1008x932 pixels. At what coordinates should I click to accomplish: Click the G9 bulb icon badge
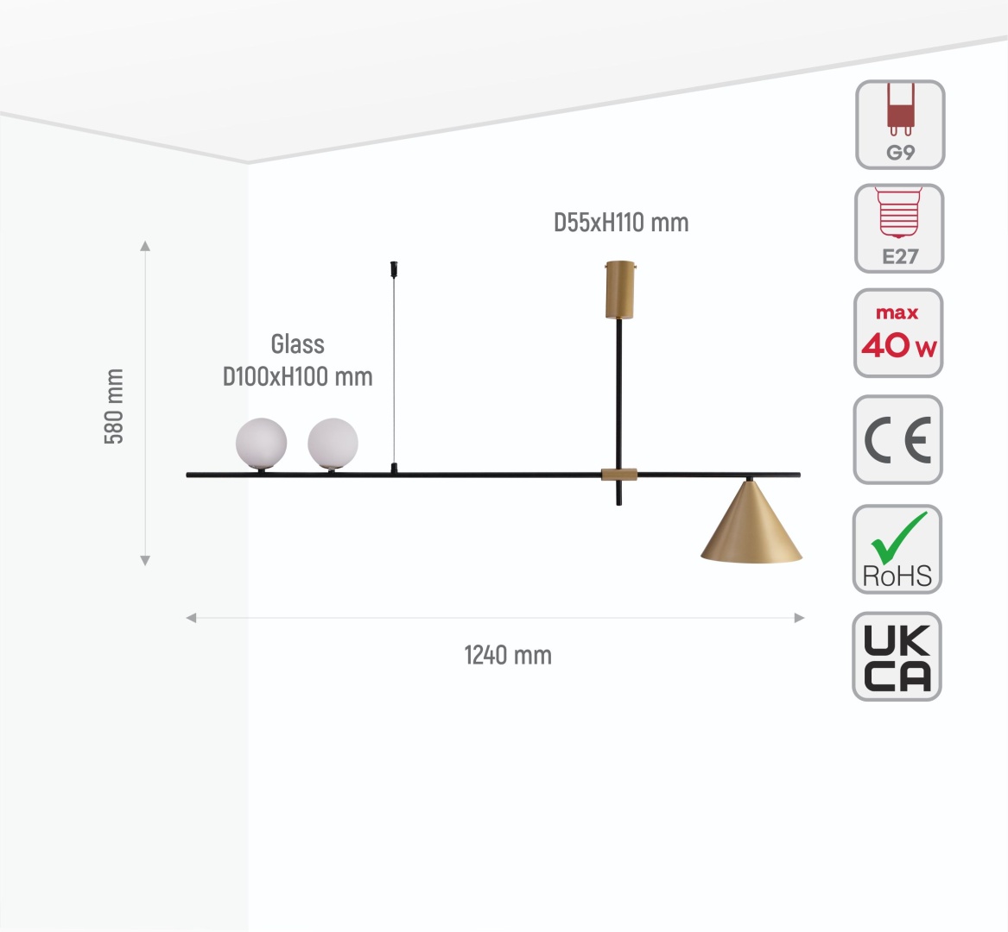(900, 124)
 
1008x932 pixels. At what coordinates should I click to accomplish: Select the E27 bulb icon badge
(899, 229)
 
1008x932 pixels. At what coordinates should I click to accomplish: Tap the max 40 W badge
(898, 333)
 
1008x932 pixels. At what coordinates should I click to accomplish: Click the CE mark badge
(898, 440)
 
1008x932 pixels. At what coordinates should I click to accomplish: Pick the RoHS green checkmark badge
(897, 549)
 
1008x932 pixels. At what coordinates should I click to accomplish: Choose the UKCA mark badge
(897, 657)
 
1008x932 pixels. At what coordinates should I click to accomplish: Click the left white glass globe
(261, 444)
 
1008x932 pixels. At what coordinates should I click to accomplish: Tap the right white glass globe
(333, 444)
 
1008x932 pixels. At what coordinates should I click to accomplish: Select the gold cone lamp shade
(751, 522)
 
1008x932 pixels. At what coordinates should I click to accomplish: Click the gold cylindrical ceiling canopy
(620, 290)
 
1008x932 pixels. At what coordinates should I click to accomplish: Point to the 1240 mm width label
(508, 656)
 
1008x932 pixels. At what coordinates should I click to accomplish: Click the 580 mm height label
(114, 406)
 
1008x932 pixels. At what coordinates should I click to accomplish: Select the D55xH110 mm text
(621, 223)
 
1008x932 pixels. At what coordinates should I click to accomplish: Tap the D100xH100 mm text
(298, 377)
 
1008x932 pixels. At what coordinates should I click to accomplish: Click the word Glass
(298, 344)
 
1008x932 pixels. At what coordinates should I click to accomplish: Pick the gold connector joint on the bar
(619, 475)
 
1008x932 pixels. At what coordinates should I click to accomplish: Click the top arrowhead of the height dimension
(145, 245)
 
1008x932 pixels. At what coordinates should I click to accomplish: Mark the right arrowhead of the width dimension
(800, 618)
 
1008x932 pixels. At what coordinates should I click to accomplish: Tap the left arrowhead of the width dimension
(191, 618)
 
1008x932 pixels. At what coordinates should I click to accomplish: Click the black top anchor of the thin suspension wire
(394, 268)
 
